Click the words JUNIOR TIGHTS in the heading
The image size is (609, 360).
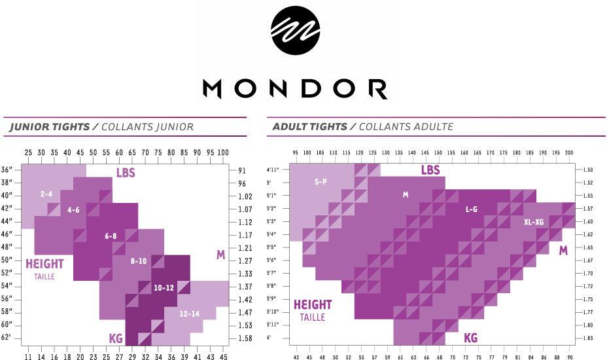[x=50, y=127]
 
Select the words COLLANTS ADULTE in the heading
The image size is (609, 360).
[x=406, y=127]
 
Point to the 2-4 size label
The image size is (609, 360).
[x=46, y=194]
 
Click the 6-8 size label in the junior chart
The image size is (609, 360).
[x=111, y=236]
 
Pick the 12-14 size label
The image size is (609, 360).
[x=189, y=314]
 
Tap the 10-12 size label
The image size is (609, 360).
[x=164, y=287]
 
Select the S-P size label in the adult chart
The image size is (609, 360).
[x=320, y=181]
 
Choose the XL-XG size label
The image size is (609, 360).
[x=534, y=222]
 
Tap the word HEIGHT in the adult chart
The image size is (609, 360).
[x=313, y=305]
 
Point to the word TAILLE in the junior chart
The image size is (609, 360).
[x=45, y=277]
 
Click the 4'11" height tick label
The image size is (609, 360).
[x=273, y=170]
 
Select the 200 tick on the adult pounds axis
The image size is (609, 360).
[x=568, y=153]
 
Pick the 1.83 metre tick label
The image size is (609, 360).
[x=587, y=338]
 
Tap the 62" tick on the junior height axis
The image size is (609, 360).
[x=7, y=338]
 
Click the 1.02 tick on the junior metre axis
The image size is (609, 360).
[x=245, y=196]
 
